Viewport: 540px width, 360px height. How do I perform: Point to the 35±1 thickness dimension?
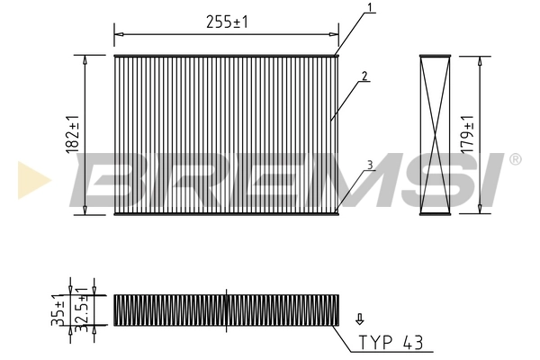click(x=58, y=310)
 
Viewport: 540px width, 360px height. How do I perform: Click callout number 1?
click(x=369, y=9)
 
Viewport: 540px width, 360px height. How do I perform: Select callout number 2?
click(x=364, y=76)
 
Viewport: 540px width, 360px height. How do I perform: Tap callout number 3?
click(x=368, y=164)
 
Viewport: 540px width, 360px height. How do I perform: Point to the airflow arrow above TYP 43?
click(x=361, y=318)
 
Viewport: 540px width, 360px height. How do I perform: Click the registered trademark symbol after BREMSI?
click(x=515, y=159)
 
